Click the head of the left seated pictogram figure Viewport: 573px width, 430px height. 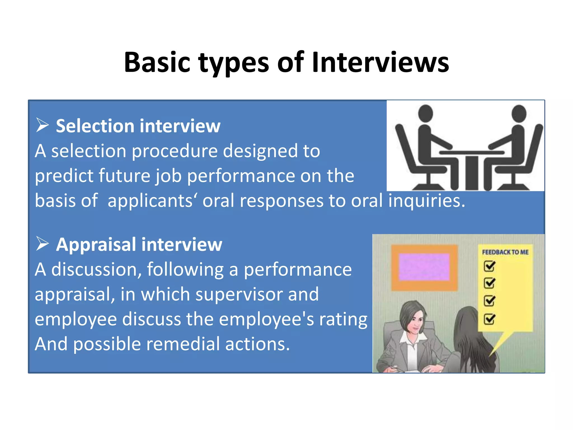[425, 113]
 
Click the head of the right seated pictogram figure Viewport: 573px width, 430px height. [519, 113]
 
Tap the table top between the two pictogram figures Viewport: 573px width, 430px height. [472, 153]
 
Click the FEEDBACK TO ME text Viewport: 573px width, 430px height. [505, 252]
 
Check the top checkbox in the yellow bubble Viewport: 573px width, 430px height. [489, 266]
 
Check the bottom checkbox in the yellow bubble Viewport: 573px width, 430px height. [489, 319]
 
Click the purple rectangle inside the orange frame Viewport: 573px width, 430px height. [424, 267]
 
